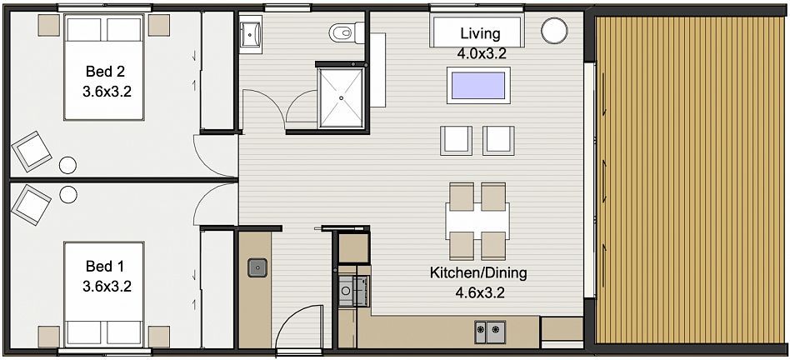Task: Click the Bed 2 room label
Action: pos(105,71)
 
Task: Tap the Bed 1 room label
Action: pos(105,265)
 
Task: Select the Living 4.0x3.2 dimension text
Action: pos(480,53)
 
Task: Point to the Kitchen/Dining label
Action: pos(478,272)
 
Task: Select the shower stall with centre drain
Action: pos(341,97)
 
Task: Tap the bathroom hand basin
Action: pos(250,33)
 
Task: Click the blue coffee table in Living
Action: pos(478,85)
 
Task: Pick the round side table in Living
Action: pos(554,31)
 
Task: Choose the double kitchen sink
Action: pos(490,330)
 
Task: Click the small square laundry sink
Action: pos(257,267)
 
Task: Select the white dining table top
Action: pos(477,221)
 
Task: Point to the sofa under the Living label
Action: pos(477,31)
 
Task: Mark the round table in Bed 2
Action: pos(67,165)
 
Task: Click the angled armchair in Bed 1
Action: pos(31,204)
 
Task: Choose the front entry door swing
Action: pos(299,327)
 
